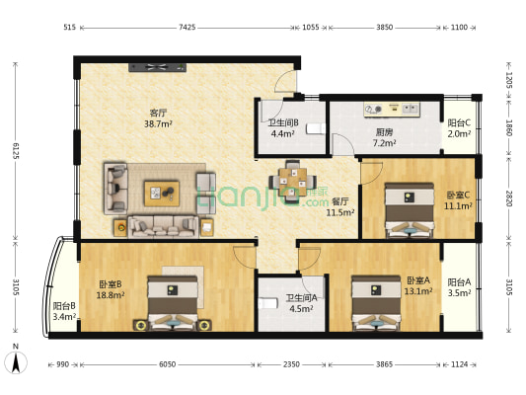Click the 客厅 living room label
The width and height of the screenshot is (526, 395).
(157, 112)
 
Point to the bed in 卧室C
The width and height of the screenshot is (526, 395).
(407, 209)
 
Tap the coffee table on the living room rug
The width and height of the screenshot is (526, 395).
(162, 191)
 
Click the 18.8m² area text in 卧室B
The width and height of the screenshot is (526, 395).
(111, 294)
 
